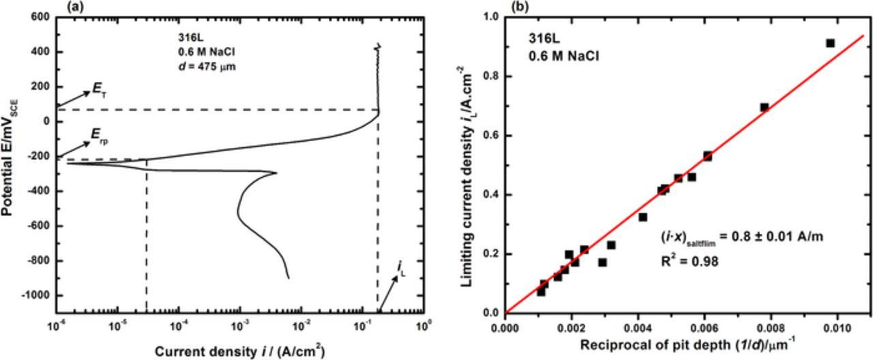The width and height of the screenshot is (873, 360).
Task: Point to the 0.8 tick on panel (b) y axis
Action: coord(490,77)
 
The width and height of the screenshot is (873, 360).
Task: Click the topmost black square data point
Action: coord(830,43)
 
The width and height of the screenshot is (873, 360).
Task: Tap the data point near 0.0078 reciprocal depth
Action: coord(765,107)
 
